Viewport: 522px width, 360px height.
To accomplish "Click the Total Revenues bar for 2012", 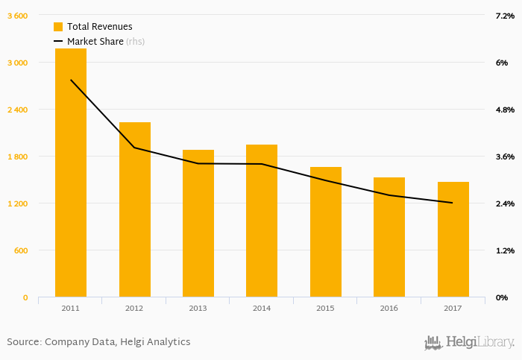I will coord(134,209).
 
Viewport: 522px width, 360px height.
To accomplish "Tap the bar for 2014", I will coord(262,221).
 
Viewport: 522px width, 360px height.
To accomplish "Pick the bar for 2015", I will coord(325,232).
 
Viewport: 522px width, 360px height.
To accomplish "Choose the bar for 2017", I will coord(453,239).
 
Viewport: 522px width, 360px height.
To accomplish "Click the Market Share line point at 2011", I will coord(71,80).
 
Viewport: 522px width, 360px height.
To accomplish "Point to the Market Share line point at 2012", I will coord(134,148).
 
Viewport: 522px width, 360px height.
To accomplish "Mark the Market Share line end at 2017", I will coord(453,203).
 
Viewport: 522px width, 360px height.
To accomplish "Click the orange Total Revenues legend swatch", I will coord(58,27).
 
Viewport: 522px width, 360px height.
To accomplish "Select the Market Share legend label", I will coord(95,42).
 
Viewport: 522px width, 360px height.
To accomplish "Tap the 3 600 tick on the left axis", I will coord(17,16).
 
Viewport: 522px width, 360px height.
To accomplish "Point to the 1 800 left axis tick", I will coord(17,157).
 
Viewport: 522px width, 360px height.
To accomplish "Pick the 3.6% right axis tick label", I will coord(505,157).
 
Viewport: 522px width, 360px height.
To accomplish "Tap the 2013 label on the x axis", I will coord(198,309).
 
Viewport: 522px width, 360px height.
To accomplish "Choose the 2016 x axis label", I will coord(389,309).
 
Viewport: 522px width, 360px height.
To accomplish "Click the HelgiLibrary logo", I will coord(469,342).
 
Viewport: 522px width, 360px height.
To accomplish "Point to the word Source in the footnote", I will coord(23,342).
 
